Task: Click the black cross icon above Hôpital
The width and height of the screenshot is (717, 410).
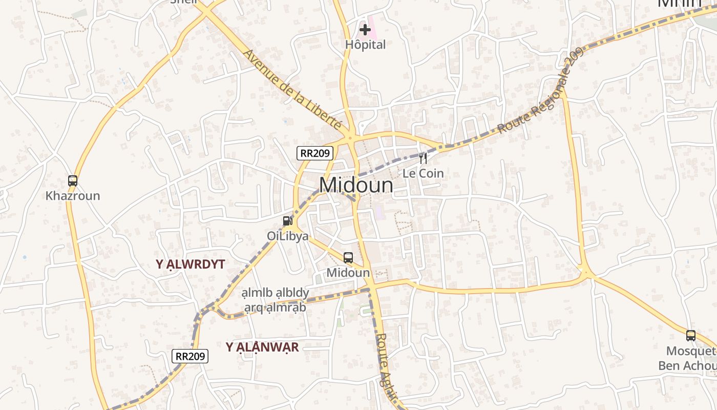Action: [365, 30]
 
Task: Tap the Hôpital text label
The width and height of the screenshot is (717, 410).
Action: [365, 45]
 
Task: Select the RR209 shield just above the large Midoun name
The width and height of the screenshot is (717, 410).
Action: [315, 153]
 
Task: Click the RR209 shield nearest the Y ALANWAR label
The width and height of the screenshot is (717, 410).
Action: [190, 356]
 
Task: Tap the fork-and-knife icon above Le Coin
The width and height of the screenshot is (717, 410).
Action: [423, 158]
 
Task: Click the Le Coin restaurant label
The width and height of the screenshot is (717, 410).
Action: [423, 173]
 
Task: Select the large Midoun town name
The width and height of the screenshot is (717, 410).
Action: [356, 185]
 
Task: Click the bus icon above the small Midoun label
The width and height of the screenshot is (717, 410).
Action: [348, 257]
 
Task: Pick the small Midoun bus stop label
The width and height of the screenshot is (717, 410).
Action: [348, 273]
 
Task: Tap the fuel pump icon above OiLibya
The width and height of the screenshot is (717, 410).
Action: [288, 221]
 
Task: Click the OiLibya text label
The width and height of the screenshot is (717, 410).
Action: [288, 236]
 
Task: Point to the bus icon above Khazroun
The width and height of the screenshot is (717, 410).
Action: [73, 180]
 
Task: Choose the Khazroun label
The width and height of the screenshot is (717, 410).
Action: [73, 196]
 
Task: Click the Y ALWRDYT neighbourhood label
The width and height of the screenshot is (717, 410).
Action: [191, 264]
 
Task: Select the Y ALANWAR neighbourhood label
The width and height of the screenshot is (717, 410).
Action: [262, 347]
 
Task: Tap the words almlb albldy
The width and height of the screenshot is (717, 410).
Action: [276, 293]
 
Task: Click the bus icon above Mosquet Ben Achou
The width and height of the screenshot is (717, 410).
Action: [691, 336]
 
